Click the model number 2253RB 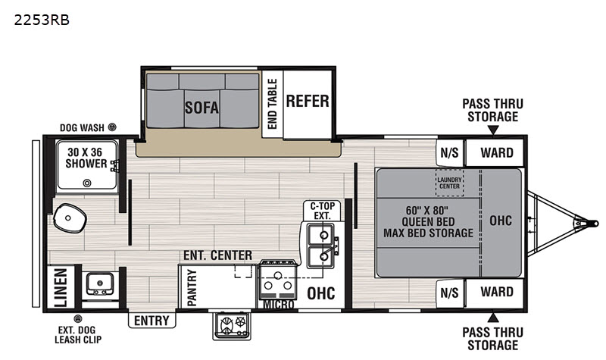coord(42,20)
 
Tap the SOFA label coord(201,108)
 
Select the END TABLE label coord(273,104)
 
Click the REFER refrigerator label coord(308,102)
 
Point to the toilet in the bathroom coord(69,218)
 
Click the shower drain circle coord(87,183)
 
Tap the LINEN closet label coord(61,288)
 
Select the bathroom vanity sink coord(100,283)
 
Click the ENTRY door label coord(152,321)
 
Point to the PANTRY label coord(192,288)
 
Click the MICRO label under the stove coord(278,305)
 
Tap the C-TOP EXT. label coord(323,211)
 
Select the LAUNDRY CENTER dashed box coord(449,183)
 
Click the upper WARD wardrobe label coord(497,153)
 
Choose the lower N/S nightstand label coord(449,293)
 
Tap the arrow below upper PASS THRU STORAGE coord(493,130)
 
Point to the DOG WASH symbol coord(112,127)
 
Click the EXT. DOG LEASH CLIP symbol coord(78,318)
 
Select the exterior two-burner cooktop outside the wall coord(232,326)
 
